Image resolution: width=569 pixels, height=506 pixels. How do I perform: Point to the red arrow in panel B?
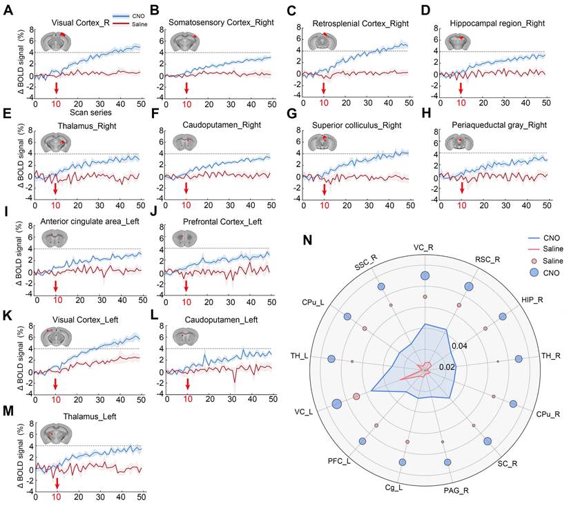pyautogui.click(x=186, y=88)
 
